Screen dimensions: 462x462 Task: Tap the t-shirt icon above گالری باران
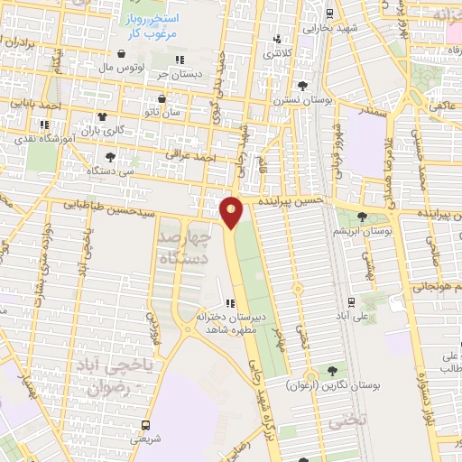(x=102, y=116)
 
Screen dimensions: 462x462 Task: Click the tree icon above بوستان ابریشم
(x=362, y=217)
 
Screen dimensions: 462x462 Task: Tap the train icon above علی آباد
(x=351, y=302)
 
